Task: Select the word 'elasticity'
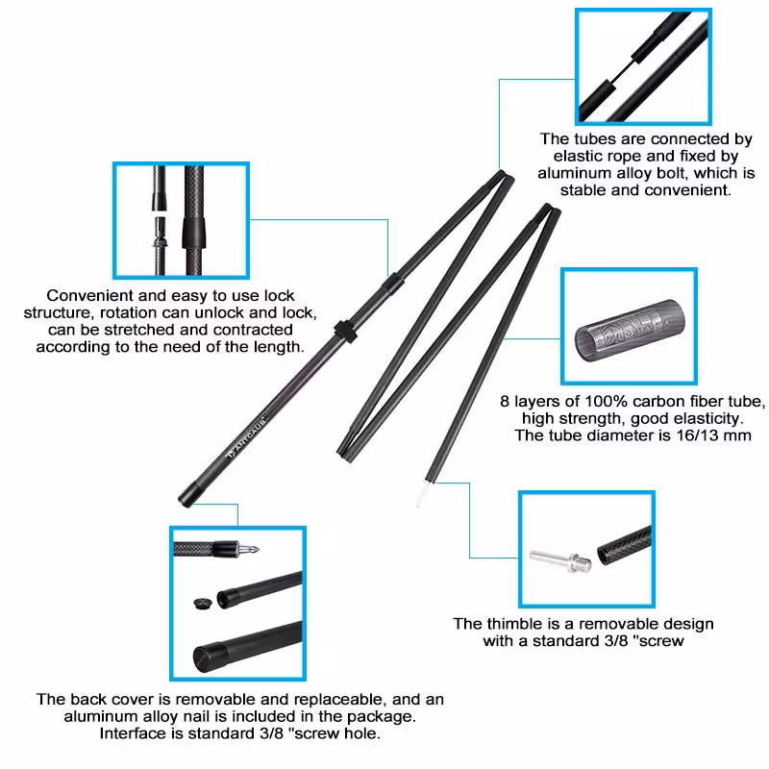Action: pyautogui.click(x=698, y=418)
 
